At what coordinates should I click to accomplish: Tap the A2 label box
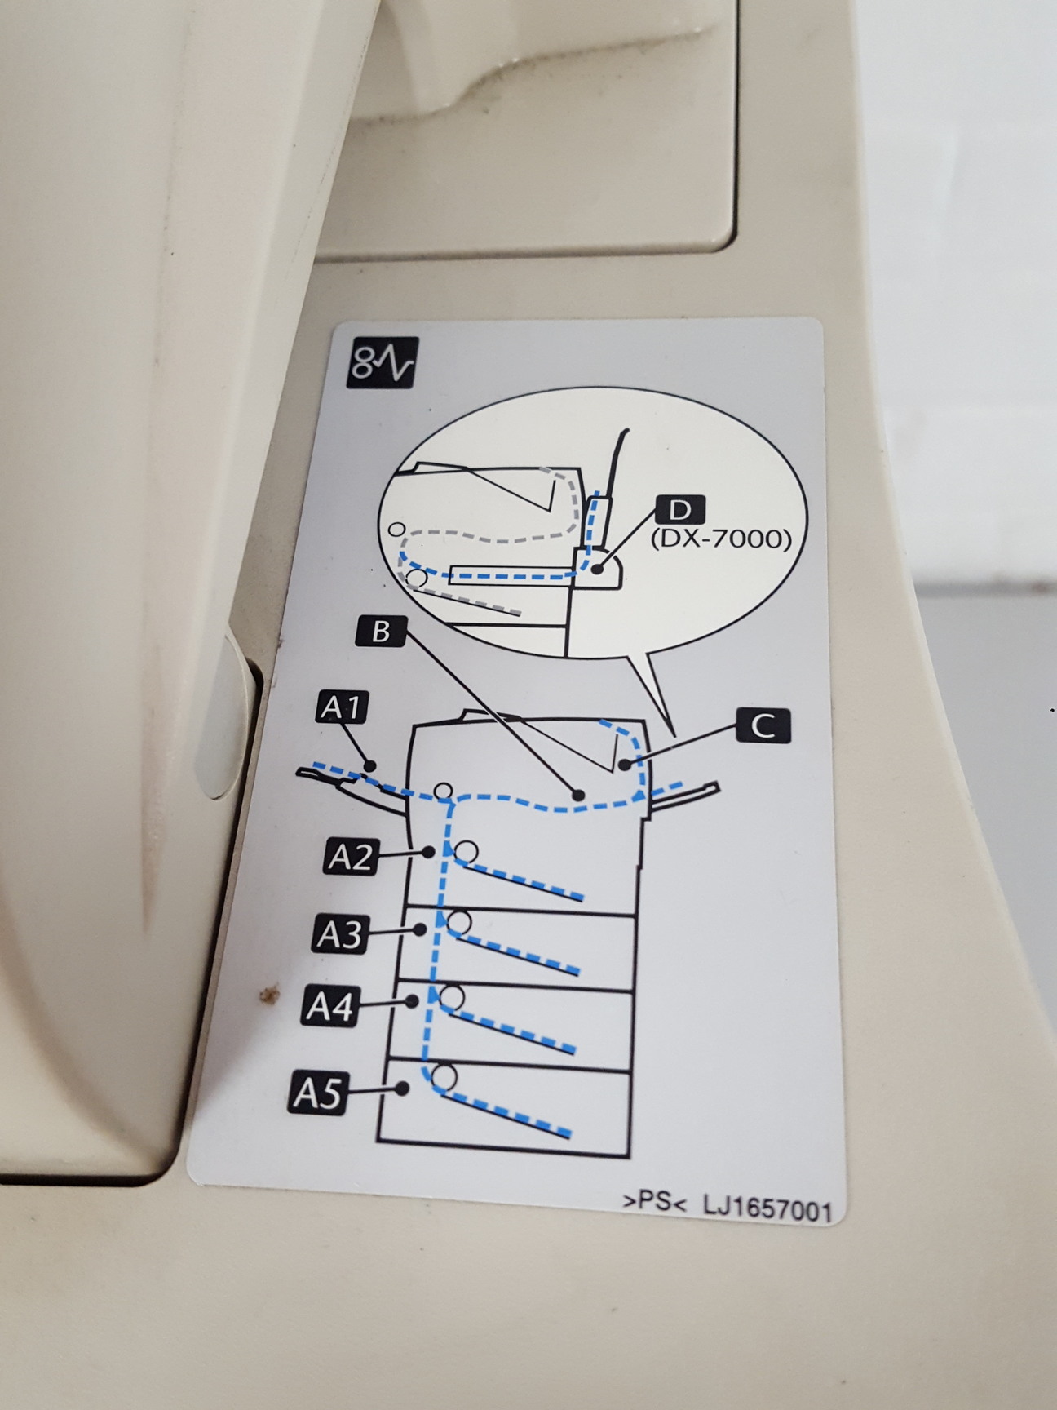351,857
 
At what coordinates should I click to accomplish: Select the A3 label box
339,933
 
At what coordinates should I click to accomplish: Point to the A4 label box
330,1008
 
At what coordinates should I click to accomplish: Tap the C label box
763,725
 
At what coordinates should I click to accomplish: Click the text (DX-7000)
721,539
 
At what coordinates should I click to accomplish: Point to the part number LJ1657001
767,1208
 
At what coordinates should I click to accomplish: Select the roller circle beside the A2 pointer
466,852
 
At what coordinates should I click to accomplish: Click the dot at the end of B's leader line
578,794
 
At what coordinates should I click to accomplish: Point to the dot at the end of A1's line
371,765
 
